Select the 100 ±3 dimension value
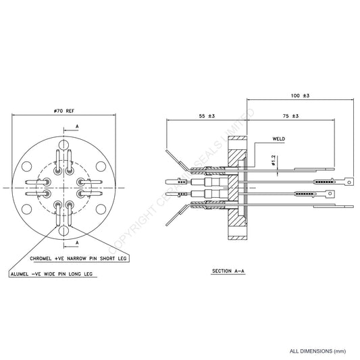click(301, 97)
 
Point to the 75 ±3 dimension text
click(290, 117)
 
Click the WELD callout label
click(278, 141)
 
